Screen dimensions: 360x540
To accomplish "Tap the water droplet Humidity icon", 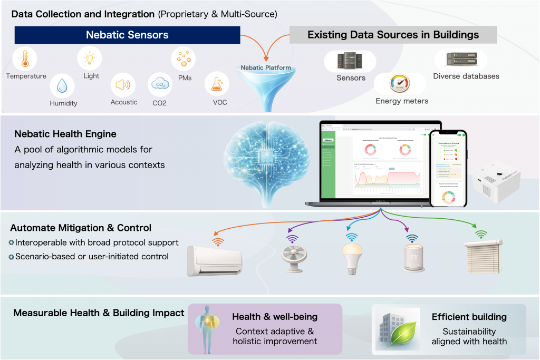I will [63, 85].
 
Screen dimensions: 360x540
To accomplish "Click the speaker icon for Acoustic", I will [123, 85].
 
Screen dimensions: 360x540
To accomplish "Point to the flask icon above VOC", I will [217, 84].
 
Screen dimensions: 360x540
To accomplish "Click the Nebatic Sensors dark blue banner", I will [127, 35].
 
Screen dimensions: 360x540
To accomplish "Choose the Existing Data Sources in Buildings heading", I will [393, 35].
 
